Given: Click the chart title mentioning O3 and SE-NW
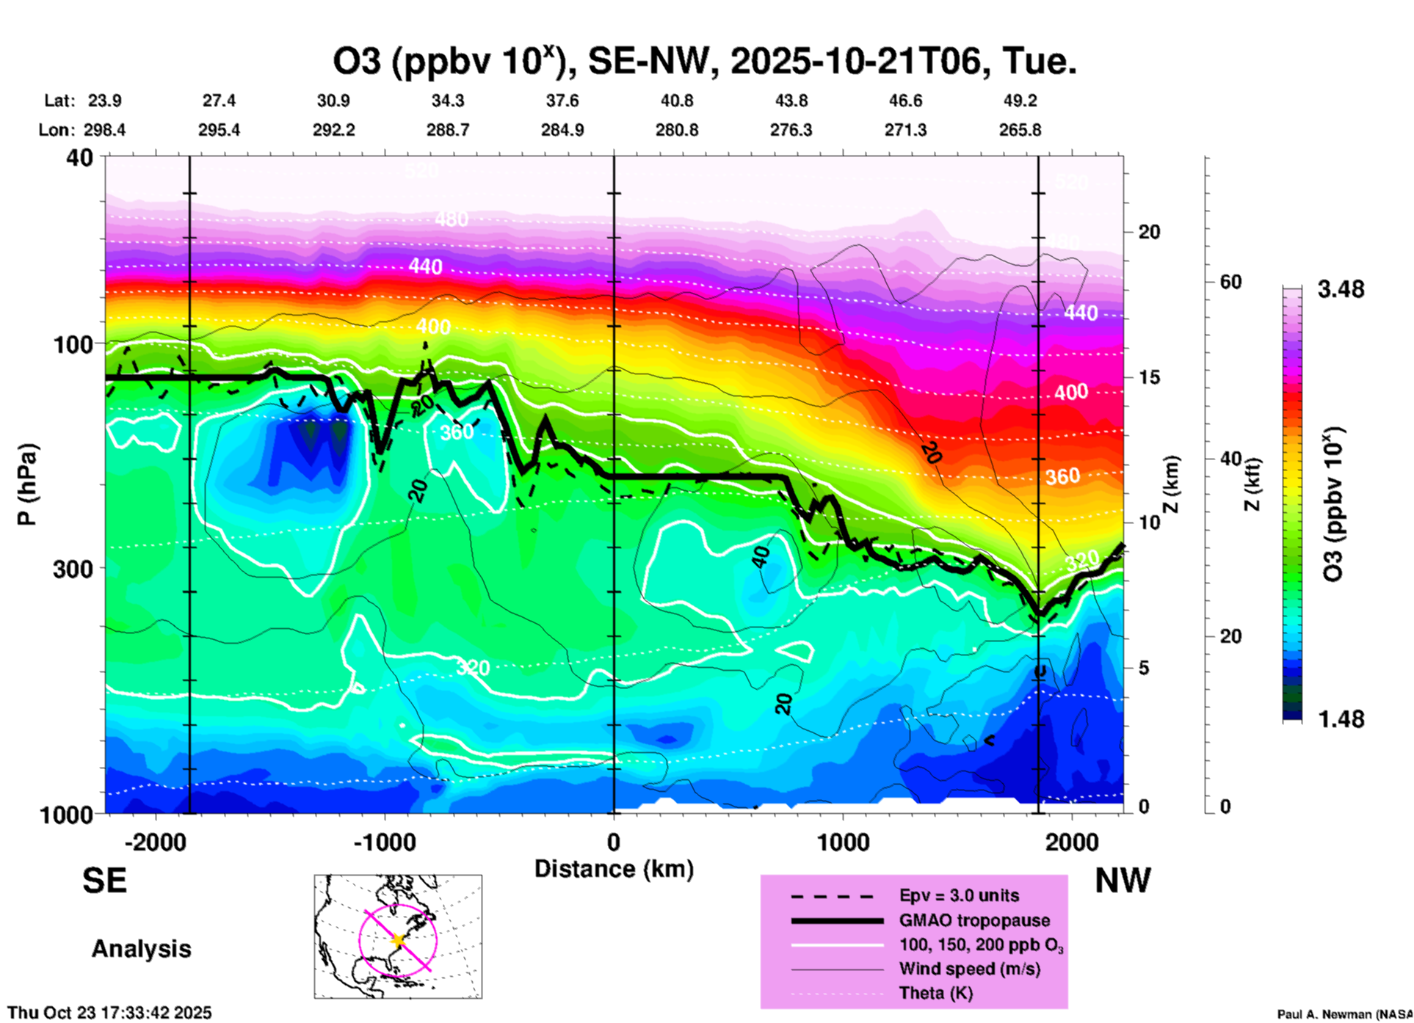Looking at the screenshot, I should coord(705,61).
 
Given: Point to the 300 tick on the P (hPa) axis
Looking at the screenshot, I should coord(73,569).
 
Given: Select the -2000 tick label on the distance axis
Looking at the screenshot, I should coord(155,842).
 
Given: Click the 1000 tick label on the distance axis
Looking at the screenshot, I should coord(842,842).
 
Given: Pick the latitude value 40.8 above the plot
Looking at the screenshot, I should coord(676,101).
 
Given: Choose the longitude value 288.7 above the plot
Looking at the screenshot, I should coord(448,130).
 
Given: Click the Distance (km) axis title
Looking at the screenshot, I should coord(614,869).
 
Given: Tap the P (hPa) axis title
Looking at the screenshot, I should coord(27,484).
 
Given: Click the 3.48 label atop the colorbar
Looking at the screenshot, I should coord(1341,290).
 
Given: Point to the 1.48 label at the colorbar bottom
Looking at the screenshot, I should coord(1341,719).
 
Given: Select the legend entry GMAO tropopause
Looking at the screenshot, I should coord(974,920).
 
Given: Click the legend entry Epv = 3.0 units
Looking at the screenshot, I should coord(959,895).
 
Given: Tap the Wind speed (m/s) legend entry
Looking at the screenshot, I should coord(969,969).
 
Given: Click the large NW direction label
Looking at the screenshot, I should coord(1123,880).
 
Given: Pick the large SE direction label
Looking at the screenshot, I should coord(104,880).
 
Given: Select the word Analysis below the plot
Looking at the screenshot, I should coord(141,949).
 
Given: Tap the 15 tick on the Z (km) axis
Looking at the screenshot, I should coord(1149,377).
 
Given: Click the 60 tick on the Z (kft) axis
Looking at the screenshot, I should coord(1231,282).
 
